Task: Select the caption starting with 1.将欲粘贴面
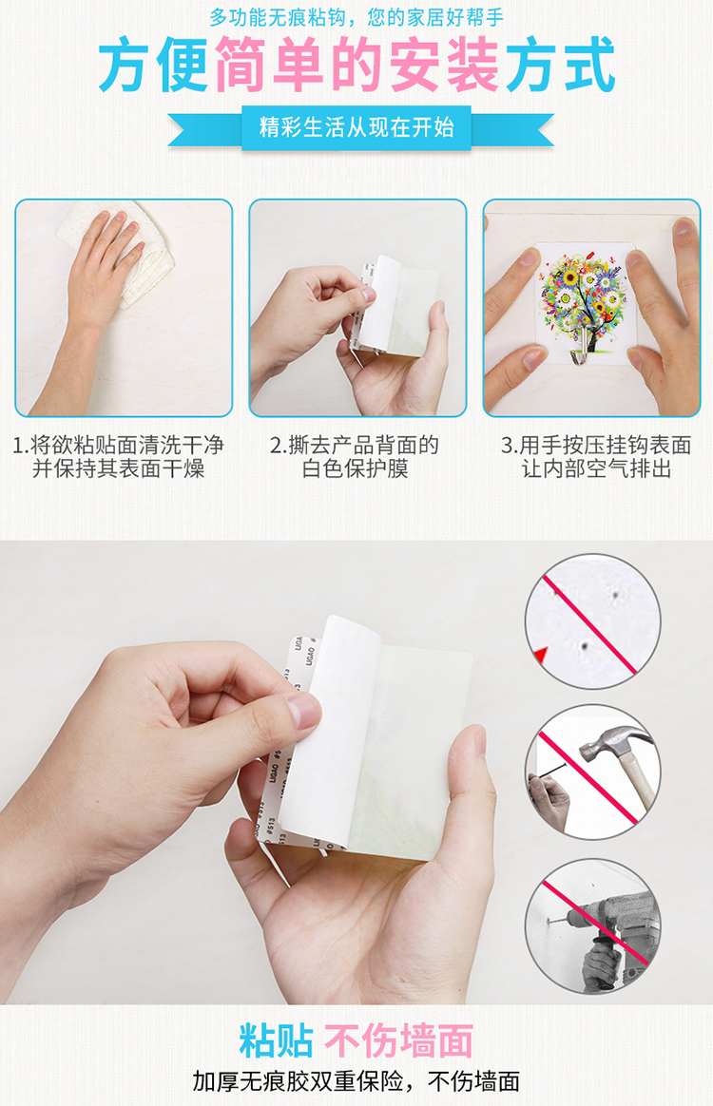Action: (x=119, y=456)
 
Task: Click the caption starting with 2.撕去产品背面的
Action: (x=355, y=456)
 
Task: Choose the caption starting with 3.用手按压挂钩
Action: (x=596, y=456)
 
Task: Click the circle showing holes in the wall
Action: (x=593, y=621)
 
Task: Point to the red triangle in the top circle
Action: (x=541, y=656)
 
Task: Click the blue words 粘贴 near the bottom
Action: (x=277, y=1040)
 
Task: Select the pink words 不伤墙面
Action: (x=399, y=1040)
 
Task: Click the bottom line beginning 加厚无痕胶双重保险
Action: (x=356, y=1081)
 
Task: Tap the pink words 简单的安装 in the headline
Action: (x=356, y=66)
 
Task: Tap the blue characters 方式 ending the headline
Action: (x=559, y=66)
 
